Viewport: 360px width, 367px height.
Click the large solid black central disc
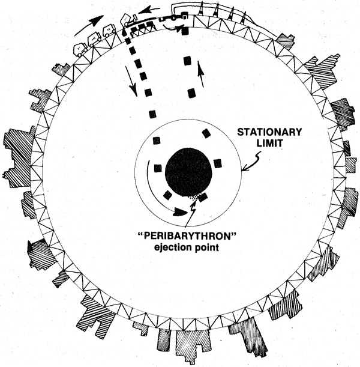pyautogui.click(x=188, y=171)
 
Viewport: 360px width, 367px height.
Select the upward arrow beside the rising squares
pyautogui.click(x=202, y=74)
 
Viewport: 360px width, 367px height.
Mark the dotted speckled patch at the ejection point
pyautogui.click(x=193, y=196)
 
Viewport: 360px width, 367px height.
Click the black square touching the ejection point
pyautogui.click(x=203, y=196)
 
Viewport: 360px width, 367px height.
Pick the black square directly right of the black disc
pyautogui.click(x=217, y=163)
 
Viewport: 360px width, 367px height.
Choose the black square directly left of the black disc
pyautogui.click(x=158, y=168)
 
